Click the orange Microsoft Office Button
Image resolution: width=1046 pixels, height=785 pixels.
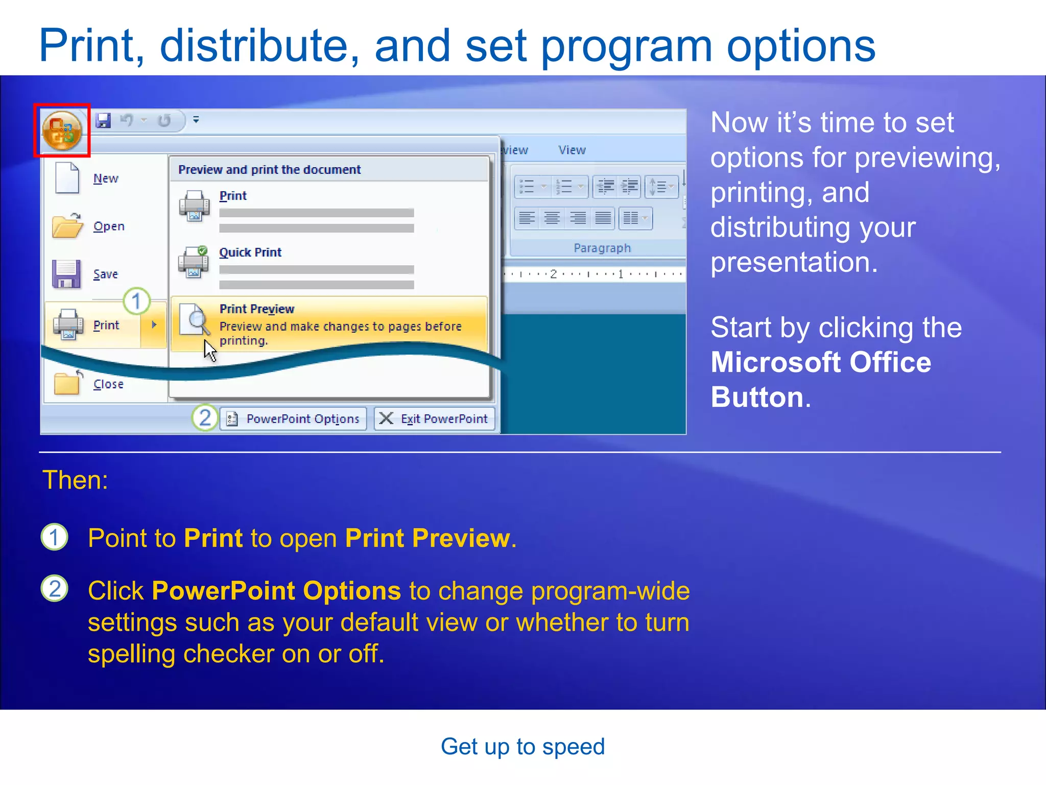tap(62, 131)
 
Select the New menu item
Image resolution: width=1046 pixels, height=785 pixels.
tap(105, 178)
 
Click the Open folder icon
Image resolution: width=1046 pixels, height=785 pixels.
tap(67, 225)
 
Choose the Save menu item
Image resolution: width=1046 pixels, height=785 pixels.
tap(105, 274)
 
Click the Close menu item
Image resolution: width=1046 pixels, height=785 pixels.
tap(108, 384)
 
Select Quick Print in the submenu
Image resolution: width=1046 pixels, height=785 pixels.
tap(250, 252)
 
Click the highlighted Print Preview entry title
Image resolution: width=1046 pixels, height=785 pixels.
tap(257, 309)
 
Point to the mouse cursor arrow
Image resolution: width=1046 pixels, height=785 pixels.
tap(209, 350)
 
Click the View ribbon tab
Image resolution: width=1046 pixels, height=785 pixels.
tap(572, 150)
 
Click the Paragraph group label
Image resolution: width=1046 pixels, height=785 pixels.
tap(602, 248)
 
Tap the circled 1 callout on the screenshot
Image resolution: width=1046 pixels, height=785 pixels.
tap(136, 302)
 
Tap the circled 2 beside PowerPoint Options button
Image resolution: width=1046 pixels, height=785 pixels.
tap(205, 418)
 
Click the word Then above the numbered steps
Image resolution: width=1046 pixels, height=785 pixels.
tap(75, 480)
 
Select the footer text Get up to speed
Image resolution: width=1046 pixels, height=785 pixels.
tap(522, 747)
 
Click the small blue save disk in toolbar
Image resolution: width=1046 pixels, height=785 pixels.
tap(104, 121)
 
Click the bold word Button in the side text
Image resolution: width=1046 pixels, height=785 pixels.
tap(757, 397)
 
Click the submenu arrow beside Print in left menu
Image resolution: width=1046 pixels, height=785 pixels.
tap(154, 325)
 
